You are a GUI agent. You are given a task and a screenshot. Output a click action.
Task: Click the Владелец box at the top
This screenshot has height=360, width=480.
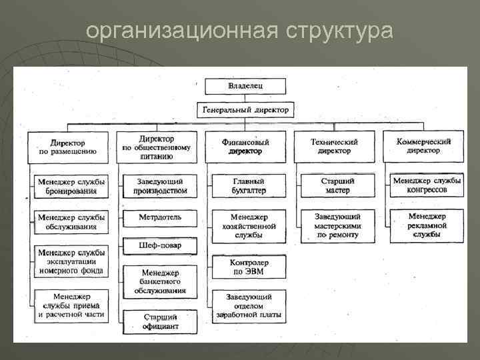[x=245, y=86]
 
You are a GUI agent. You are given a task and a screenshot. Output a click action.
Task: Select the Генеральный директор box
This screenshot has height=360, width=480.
[x=245, y=110]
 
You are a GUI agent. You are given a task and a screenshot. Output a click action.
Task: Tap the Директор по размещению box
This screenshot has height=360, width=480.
[x=69, y=147]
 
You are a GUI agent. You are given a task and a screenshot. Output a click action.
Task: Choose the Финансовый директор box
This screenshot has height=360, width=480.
[x=245, y=147]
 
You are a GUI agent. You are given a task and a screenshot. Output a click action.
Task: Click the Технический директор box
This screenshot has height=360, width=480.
[x=335, y=147]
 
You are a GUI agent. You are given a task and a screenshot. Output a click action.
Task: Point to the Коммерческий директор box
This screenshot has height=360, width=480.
[x=423, y=146]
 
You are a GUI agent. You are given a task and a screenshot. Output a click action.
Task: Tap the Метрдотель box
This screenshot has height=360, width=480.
[x=160, y=218]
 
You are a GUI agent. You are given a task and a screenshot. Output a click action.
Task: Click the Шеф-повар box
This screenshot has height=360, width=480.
[x=160, y=245]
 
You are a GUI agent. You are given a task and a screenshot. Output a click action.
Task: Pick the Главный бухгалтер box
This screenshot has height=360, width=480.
[x=249, y=186]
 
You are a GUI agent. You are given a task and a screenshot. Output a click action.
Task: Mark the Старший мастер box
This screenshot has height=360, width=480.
[x=337, y=186]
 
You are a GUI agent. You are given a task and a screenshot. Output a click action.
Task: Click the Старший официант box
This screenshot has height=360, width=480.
[x=160, y=321]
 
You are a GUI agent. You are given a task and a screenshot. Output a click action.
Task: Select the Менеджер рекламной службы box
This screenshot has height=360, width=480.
[x=427, y=225]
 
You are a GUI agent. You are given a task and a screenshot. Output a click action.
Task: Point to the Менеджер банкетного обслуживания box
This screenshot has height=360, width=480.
[x=160, y=282]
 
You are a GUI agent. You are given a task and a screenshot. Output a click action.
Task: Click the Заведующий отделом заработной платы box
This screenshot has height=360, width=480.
[x=249, y=305]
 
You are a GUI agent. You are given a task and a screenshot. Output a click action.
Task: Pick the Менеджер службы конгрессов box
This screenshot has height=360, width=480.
[x=427, y=186]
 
